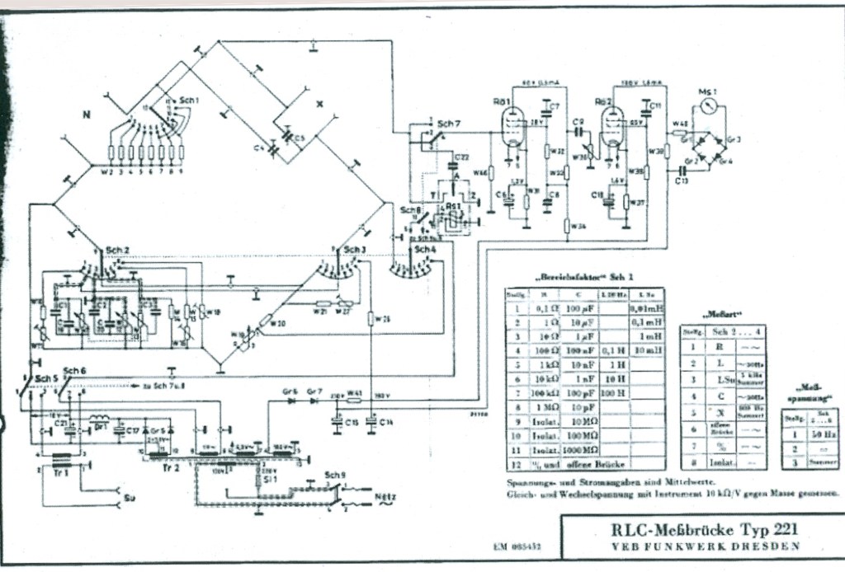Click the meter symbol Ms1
(708, 108)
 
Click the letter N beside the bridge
(85, 115)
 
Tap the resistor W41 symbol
(354, 401)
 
